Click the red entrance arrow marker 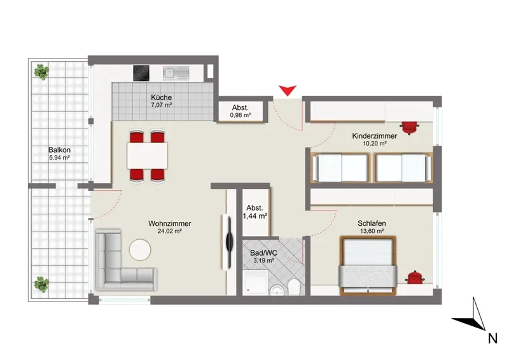coord(288,90)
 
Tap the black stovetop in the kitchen coord(141,73)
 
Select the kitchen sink coord(176,73)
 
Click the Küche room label coord(162,97)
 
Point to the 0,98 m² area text coord(241,115)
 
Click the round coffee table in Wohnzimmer coord(140,249)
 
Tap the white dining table coord(148,156)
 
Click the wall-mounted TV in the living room coord(229,242)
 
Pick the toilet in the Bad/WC coord(294,287)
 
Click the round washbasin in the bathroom coord(277,289)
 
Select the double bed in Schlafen coord(368,265)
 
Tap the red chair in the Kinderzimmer coord(409,127)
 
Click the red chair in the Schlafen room coord(414,277)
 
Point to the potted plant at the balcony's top coord(41,72)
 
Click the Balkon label coord(59,150)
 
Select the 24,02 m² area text coord(170,232)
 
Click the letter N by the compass coord(492,338)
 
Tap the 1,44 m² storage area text coord(255,216)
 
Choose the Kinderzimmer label coord(375,136)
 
